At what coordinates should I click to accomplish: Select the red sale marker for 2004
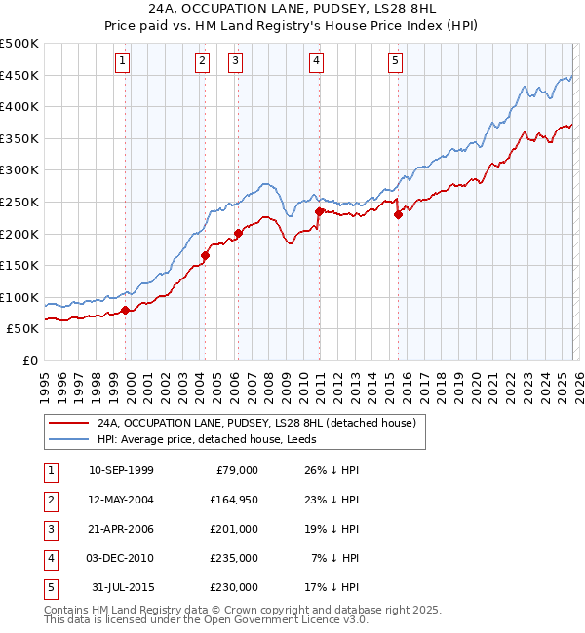tap(205, 256)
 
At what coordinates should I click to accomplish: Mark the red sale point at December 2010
tap(319, 211)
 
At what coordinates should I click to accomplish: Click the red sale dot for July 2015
tap(398, 215)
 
